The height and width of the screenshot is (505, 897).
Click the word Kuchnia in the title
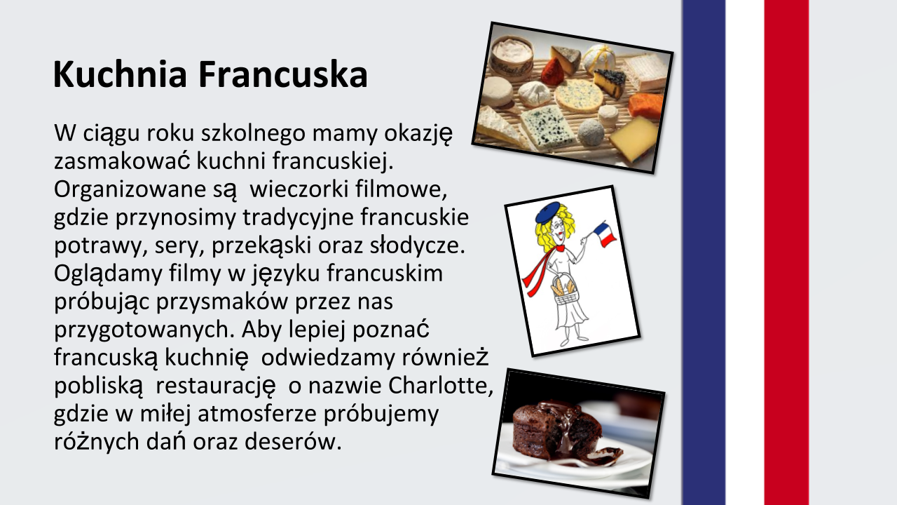click(x=120, y=74)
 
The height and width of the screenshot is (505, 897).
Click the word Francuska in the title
click(x=282, y=74)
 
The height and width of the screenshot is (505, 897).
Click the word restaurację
click(x=215, y=386)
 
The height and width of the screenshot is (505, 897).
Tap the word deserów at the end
click(x=293, y=442)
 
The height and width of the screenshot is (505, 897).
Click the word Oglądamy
click(x=108, y=274)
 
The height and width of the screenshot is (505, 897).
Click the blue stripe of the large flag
click(x=704, y=252)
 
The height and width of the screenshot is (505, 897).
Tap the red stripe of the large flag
click(x=786, y=252)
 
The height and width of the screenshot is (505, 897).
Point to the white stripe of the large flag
click(x=745, y=252)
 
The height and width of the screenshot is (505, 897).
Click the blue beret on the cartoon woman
click(x=547, y=213)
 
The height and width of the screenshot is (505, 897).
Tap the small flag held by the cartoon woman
click(x=604, y=235)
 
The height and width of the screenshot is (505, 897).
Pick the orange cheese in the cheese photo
click(x=645, y=105)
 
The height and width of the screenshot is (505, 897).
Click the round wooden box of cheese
click(x=512, y=58)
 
